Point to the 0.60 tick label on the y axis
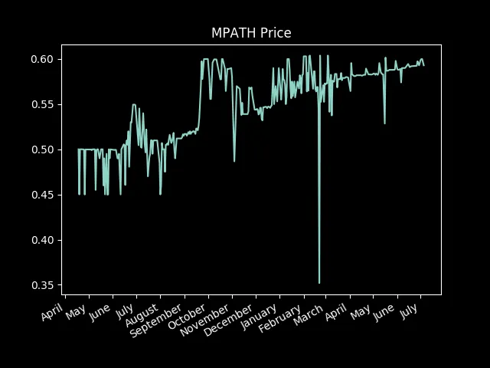pyautogui.click(x=43, y=59)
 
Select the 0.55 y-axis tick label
pyautogui.click(x=43, y=104)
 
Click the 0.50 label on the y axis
pyautogui.click(x=43, y=149)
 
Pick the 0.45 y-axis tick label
pyautogui.click(x=43, y=195)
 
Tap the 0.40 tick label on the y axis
pyautogui.click(x=43, y=240)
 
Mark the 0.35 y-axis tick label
pyautogui.click(x=43, y=285)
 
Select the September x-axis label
pyautogui.click(x=156, y=320)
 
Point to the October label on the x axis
pyautogui.click(x=187, y=316)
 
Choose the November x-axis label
pyautogui.click(x=205, y=320)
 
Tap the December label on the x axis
pyautogui.click(x=229, y=320)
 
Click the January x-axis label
pyautogui.click(x=259, y=317)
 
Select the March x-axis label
pyautogui.click(x=309, y=314)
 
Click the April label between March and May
pyautogui.click(x=336, y=312)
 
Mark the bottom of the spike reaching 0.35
pyautogui.click(x=319, y=283)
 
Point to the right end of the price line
pyautogui.click(x=423, y=65)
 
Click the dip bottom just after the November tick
pyautogui.click(x=234, y=162)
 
